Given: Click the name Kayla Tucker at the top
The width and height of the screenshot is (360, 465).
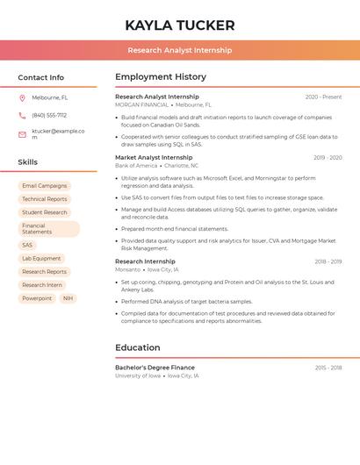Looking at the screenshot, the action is coord(180,25).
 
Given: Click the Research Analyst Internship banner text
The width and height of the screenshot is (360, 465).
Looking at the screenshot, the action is coord(180,50).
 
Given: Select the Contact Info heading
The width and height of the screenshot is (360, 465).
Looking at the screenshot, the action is coord(41,77).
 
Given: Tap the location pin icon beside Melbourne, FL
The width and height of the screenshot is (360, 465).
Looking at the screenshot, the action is coord(22,97).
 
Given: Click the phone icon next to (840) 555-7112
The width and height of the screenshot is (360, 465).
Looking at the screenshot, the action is coord(22,115).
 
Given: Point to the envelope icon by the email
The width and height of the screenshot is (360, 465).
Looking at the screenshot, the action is coord(22,134).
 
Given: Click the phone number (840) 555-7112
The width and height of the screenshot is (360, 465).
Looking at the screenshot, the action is coord(49,115).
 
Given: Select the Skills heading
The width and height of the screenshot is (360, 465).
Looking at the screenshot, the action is coord(28,162).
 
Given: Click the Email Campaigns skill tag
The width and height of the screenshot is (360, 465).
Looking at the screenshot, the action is coord(44,186).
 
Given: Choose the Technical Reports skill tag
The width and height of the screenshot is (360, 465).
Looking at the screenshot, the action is coord(44,199).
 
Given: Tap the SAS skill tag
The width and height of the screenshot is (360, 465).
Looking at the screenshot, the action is coord(27,246).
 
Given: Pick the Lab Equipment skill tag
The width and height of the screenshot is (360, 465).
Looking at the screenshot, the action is coord(41,259).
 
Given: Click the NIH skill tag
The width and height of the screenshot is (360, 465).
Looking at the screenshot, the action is coord(68,298).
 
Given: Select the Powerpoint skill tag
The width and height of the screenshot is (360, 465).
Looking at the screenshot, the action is coord(37,298).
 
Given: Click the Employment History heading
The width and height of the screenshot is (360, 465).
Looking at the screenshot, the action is coord(161,77).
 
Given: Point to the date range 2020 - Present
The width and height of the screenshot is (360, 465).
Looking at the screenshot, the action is coord(323,97).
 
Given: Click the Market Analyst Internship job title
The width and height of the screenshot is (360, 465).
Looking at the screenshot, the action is coord(154,158).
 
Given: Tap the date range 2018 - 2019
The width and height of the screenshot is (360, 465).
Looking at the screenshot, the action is coord(328,261).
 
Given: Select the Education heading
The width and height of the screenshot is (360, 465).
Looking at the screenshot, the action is coord(138,347).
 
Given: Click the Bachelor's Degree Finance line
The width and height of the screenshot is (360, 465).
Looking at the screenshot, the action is coord(155,368).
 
